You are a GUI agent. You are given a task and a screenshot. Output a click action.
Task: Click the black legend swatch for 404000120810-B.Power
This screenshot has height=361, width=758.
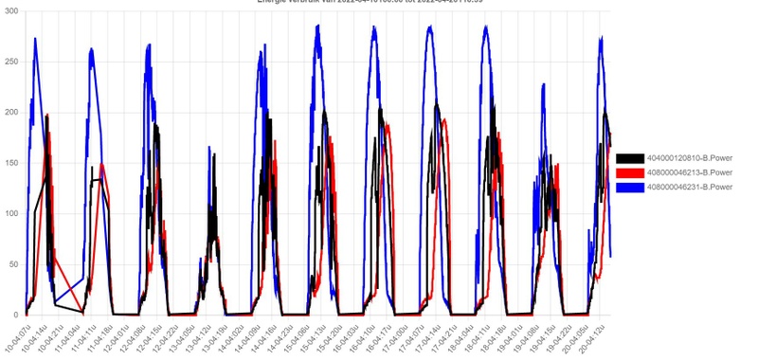pyautogui.click(x=629, y=157)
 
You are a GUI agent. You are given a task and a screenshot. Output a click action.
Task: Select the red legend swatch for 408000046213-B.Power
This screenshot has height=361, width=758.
pyautogui.click(x=629, y=172)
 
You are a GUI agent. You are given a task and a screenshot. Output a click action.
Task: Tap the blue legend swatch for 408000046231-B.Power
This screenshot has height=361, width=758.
pyautogui.click(x=629, y=188)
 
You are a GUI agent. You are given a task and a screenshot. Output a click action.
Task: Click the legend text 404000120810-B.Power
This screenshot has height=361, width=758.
pyautogui.click(x=689, y=157)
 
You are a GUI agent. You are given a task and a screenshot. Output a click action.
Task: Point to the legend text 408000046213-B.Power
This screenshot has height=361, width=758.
pyautogui.click(x=689, y=172)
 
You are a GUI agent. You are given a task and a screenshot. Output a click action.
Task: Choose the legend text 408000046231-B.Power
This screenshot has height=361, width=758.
pyautogui.click(x=689, y=188)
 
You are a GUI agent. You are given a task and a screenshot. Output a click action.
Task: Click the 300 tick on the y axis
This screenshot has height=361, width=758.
pyautogui.click(x=12, y=11)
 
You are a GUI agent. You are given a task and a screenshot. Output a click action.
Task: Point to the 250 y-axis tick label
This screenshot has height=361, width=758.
pyautogui.click(x=12, y=62)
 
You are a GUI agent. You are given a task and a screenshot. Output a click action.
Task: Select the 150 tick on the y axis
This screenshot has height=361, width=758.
pyautogui.click(x=12, y=163)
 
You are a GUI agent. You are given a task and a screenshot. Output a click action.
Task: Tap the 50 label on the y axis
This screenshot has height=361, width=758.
pyautogui.click(x=14, y=264)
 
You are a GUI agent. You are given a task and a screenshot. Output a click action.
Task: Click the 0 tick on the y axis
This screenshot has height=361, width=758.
pyautogui.click(x=18, y=315)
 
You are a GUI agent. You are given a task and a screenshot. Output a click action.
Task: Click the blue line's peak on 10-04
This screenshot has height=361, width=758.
pyautogui.click(x=35, y=39)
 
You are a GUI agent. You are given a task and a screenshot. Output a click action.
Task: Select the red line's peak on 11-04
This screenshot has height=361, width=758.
pyautogui.click(x=102, y=164)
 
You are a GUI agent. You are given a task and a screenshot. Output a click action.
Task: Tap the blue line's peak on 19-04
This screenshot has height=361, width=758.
pyautogui.click(x=544, y=84)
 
